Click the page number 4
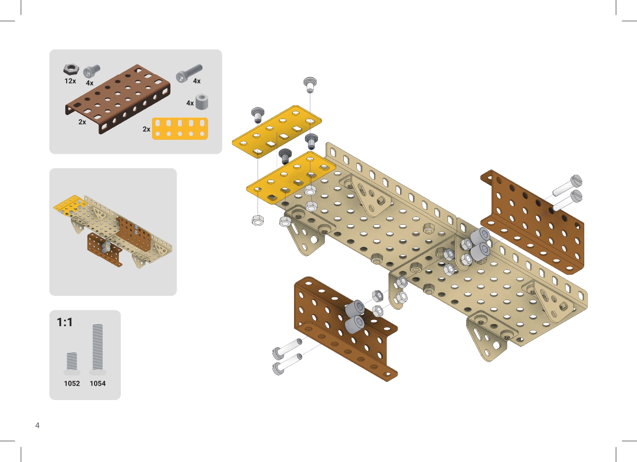(x=37, y=426)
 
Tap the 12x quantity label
(x=70, y=81)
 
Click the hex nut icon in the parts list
(x=71, y=70)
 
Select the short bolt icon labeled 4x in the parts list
(x=91, y=71)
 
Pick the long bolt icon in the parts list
(x=189, y=73)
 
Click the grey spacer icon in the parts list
(x=202, y=101)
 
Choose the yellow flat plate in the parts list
(x=180, y=129)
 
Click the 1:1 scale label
(x=65, y=322)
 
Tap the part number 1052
(x=72, y=383)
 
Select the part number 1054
(x=98, y=383)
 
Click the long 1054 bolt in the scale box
(x=97, y=349)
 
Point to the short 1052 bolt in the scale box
(x=71, y=364)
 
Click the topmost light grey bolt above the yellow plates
(x=310, y=85)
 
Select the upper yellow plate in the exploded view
(x=277, y=131)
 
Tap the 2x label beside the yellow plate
(x=146, y=129)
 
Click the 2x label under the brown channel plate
(x=82, y=122)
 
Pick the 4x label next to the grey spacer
(x=190, y=103)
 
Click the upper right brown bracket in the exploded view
(x=532, y=222)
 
